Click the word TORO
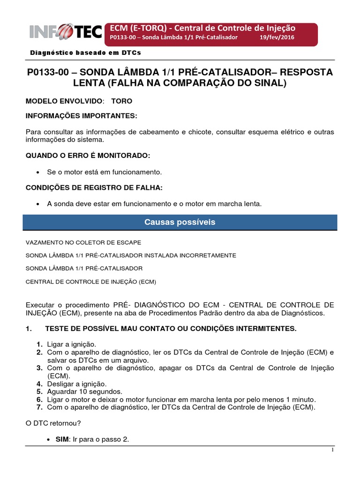pos(121,101)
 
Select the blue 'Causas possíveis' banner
pos(180,222)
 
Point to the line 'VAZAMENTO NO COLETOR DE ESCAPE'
pos(83,242)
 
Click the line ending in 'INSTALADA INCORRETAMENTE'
pos(131,255)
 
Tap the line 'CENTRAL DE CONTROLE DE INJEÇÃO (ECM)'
pos(90,282)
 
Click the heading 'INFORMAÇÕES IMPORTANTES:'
pos(82,116)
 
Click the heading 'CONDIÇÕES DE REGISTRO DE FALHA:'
pos(94,188)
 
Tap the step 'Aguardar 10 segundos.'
pos(84,391)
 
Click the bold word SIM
pos(63,440)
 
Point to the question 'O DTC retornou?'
pos(53,423)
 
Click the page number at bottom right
pos(332,450)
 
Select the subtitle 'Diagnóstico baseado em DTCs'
pos(86,53)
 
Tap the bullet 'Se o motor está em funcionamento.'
pos(105,172)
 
